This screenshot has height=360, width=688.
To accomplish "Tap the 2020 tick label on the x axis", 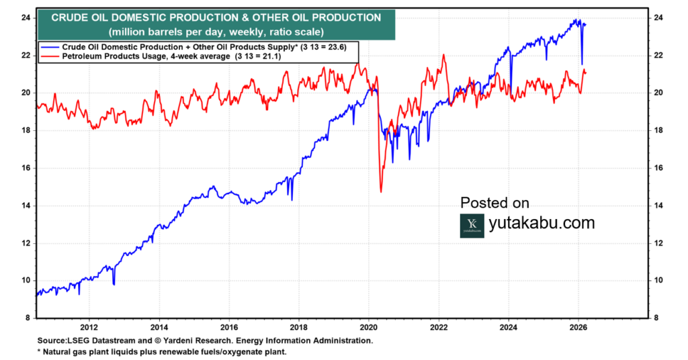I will pyautogui.click(x=369, y=328).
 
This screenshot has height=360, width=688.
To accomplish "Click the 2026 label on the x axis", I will pyautogui.click(x=578, y=328).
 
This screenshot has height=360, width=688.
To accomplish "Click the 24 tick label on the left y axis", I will pyautogui.click(x=24, y=17).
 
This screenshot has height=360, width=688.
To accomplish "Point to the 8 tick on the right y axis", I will pyautogui.click(x=661, y=318).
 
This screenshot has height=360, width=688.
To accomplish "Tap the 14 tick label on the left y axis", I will pyautogui.click(x=24, y=206).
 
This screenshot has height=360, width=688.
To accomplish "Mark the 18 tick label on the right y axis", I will pyautogui.click(x=661, y=130).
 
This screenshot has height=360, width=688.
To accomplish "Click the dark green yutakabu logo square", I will pyautogui.click(x=472, y=226).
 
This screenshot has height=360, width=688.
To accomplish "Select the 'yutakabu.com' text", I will pyautogui.click(x=542, y=224).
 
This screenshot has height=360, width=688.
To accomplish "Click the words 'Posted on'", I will pyautogui.click(x=494, y=203).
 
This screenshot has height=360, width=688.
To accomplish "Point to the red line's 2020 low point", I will pyautogui.click(x=381, y=192).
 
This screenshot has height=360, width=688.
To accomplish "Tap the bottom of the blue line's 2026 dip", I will pyautogui.click(x=582, y=64).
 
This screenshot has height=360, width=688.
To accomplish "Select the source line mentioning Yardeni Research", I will pyautogui.click(x=204, y=341).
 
